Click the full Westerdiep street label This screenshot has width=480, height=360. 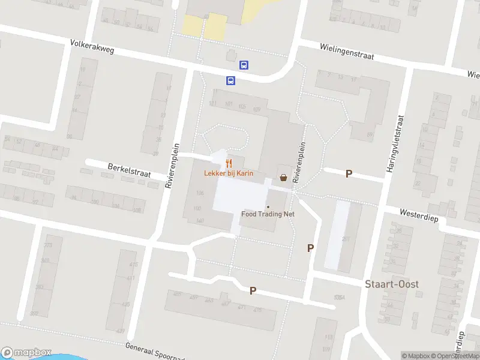(418, 215)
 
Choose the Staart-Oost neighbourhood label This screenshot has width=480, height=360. (392, 284)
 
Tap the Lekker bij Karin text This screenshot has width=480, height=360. (228, 173)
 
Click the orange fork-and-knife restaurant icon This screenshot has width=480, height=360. (229, 163)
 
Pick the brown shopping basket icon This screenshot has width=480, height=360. (283, 177)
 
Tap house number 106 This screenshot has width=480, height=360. (200, 193)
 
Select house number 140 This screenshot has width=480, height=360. (200, 221)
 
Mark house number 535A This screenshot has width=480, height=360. (340, 298)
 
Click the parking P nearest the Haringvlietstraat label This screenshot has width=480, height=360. (349, 174)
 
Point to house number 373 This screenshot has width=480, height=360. (49, 245)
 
